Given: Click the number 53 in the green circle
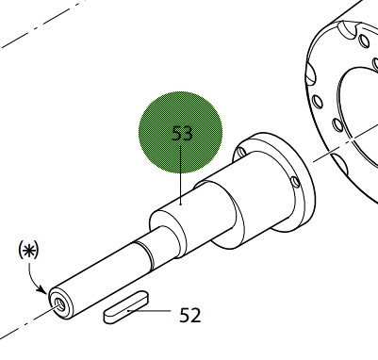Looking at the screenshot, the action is click(x=182, y=133).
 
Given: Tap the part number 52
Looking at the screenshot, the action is click(x=189, y=315).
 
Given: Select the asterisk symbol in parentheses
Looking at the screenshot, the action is click(x=28, y=250).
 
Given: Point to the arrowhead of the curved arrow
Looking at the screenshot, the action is click(x=42, y=289).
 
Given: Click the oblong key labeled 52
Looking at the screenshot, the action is click(x=125, y=307).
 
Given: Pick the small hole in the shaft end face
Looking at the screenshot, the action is click(x=59, y=303).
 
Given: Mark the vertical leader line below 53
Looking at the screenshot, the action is click(x=181, y=175).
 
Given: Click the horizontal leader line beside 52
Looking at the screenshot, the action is click(x=149, y=311).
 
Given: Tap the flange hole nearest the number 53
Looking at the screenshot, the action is click(x=242, y=152).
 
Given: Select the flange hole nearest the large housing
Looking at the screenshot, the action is click(x=295, y=182).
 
